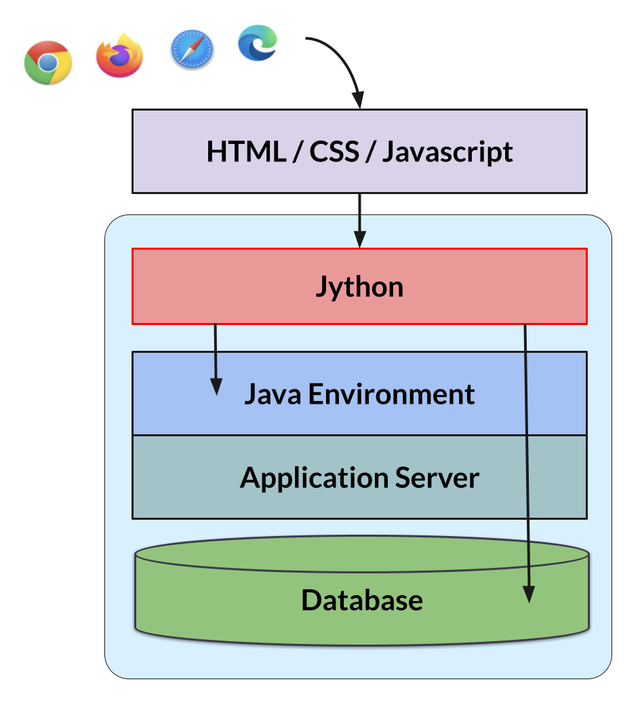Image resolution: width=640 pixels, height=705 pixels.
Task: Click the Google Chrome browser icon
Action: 48,62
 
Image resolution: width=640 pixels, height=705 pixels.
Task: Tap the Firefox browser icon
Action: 119,56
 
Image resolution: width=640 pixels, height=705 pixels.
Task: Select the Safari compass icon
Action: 192,49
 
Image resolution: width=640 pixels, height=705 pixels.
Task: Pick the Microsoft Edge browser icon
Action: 258,43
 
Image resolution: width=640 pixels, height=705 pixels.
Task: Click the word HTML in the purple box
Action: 246,151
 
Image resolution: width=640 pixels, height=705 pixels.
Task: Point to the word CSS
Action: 334,151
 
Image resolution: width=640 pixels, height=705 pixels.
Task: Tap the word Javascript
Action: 447,153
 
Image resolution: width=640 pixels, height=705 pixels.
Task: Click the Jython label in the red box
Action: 359,287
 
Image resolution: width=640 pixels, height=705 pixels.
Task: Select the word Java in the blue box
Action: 273,394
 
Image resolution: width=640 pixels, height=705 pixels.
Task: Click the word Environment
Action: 391,394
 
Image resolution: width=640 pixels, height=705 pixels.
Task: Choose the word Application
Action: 315,478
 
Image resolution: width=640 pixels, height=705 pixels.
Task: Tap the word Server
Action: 437,478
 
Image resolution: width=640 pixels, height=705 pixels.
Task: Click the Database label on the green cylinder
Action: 362,601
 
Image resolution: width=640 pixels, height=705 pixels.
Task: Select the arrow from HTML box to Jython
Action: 360,221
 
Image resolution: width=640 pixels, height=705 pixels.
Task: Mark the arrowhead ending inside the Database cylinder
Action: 529,594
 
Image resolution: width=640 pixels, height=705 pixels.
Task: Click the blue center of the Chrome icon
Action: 47,63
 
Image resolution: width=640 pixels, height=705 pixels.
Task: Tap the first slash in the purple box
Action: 298,152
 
